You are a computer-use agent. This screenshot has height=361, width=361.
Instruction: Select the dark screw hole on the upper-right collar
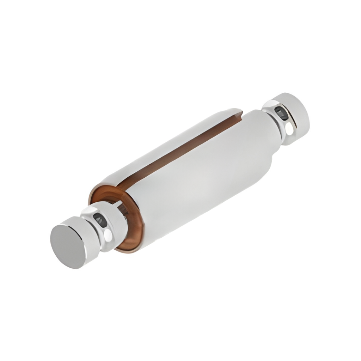coord(281,113)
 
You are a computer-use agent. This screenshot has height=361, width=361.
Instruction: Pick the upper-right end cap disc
coord(294,115)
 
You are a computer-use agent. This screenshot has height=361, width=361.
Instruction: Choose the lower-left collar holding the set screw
coord(106,226)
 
